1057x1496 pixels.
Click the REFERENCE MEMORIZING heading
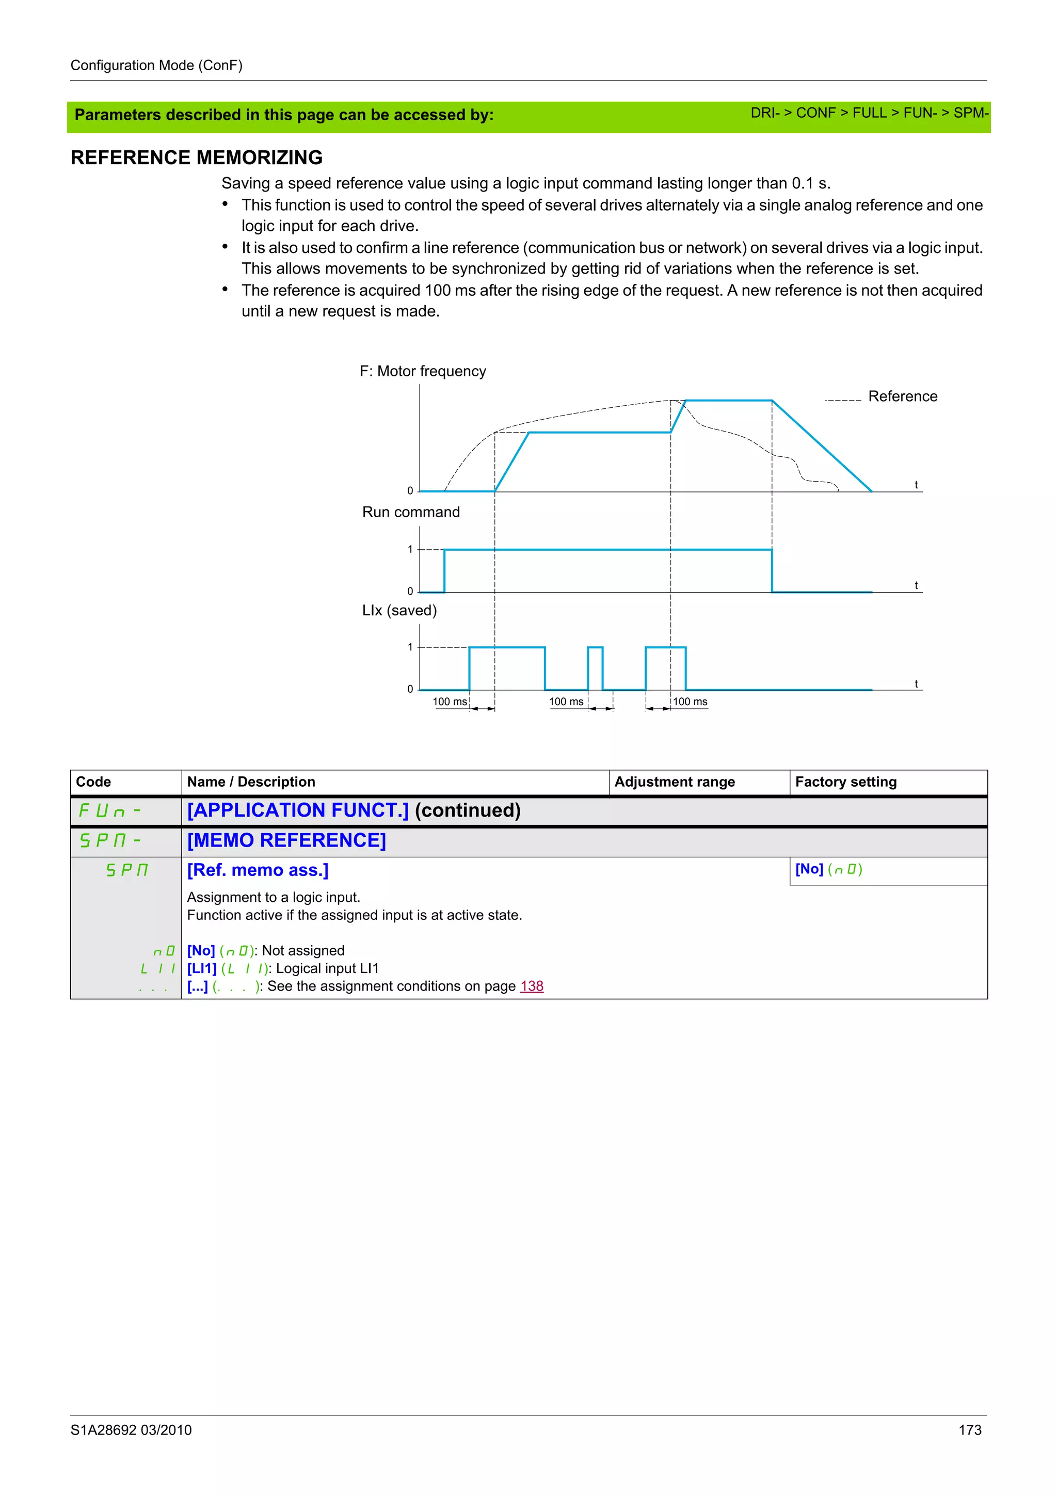(x=196, y=157)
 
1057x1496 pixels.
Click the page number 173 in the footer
(x=969, y=1429)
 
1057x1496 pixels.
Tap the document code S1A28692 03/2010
(x=131, y=1429)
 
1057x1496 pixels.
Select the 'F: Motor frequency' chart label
(x=423, y=371)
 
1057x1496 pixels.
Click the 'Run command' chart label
(x=411, y=512)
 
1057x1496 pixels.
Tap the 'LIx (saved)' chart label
(x=399, y=611)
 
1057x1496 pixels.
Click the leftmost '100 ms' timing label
(x=450, y=702)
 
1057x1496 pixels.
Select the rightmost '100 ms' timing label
(x=690, y=702)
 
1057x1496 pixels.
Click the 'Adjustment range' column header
(x=674, y=782)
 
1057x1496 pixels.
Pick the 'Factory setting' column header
(x=845, y=782)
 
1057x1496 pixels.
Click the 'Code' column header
(x=93, y=782)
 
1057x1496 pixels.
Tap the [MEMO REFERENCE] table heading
(x=286, y=840)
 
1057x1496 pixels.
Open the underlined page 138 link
(x=532, y=986)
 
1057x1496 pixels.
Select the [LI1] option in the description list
(x=201, y=969)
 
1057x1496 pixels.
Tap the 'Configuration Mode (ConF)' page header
(x=156, y=65)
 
